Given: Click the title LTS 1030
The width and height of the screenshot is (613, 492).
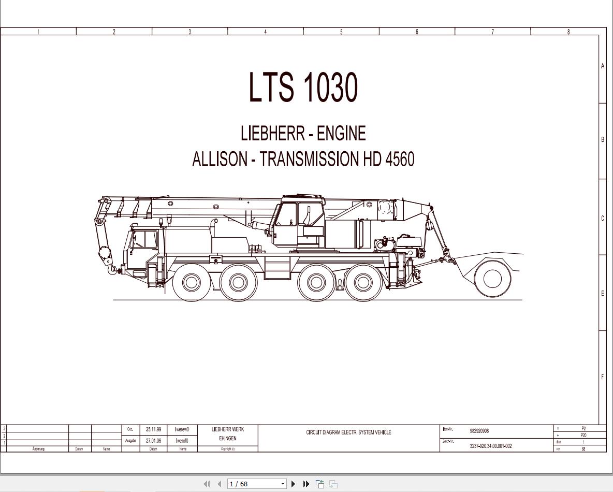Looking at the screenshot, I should click(303, 87).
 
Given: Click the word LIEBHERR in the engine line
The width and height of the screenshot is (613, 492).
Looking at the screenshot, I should click(272, 134).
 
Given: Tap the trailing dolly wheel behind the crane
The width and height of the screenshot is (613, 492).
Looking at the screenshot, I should click(492, 279).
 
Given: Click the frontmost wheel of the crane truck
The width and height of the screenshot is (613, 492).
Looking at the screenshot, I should click(191, 282).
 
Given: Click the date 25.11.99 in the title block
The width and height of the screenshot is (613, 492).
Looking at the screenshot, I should click(153, 429).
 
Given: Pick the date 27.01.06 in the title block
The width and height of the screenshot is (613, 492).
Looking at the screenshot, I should click(153, 441).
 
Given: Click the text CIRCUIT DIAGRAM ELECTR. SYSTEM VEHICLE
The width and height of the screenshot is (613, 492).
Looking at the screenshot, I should click(348, 432).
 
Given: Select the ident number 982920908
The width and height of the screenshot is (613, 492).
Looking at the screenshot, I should click(479, 431).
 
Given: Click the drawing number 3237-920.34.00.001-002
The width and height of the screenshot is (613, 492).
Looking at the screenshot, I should click(490, 446).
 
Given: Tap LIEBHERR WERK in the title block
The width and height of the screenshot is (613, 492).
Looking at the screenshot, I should click(227, 429).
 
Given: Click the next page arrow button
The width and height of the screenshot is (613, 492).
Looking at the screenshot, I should click(293, 484).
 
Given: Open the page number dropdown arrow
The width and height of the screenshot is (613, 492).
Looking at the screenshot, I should click(283, 484).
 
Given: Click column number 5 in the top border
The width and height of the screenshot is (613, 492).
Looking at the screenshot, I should click(341, 32).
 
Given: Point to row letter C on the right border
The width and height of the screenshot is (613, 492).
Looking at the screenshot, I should click(602, 218).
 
